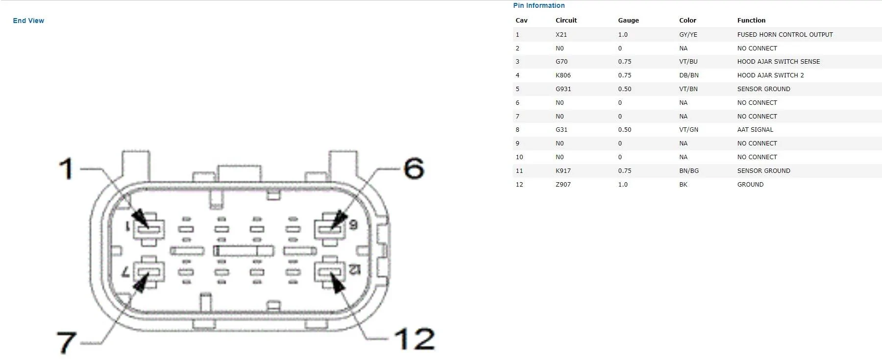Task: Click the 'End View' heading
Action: pyautogui.click(x=28, y=21)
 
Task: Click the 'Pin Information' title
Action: pyautogui.click(x=539, y=5)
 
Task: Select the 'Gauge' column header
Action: pyautogui.click(x=628, y=20)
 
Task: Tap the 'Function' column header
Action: pyautogui.click(x=751, y=20)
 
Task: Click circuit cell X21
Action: pyautogui.click(x=561, y=35)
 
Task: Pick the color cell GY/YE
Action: pyautogui.click(x=688, y=35)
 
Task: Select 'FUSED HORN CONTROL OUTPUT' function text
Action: pyautogui.click(x=785, y=35)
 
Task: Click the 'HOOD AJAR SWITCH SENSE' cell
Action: pyautogui.click(x=779, y=62)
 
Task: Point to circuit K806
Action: pyautogui.click(x=563, y=75)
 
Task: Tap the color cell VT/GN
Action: pyautogui.click(x=688, y=130)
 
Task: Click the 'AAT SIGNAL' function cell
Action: pyautogui.click(x=755, y=130)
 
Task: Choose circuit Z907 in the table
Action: pyautogui.click(x=563, y=185)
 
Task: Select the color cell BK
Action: pyautogui.click(x=683, y=185)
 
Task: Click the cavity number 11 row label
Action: pyautogui.click(x=519, y=171)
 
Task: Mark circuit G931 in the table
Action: pyautogui.click(x=563, y=89)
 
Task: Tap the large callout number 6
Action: pyautogui.click(x=414, y=168)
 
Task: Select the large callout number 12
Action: pyautogui.click(x=415, y=339)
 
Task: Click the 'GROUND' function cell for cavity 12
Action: pyautogui.click(x=750, y=185)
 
